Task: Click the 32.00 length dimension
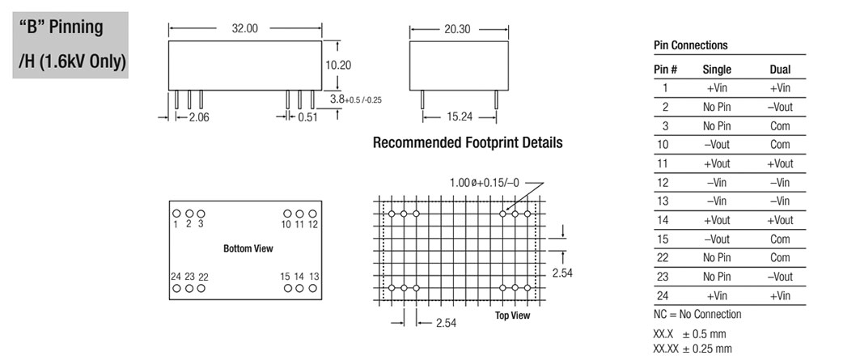[x=244, y=28]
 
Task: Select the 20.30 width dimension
[x=457, y=29]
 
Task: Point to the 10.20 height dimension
[x=338, y=65]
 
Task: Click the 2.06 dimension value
[x=199, y=117]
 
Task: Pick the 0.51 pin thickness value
[x=307, y=117]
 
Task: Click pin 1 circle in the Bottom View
[x=176, y=214]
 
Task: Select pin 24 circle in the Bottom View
[x=176, y=288]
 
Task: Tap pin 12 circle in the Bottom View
[x=312, y=214]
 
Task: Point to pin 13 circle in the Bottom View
[x=312, y=288]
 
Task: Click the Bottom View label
[x=248, y=248]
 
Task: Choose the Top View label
[x=513, y=315]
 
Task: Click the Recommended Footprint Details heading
[x=468, y=142]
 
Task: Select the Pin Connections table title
[x=691, y=45]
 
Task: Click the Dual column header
[x=780, y=70]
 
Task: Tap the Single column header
[x=717, y=70]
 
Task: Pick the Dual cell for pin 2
[x=780, y=107]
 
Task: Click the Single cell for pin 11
[x=717, y=163]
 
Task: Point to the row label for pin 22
[x=665, y=257]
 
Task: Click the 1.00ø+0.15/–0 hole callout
[x=485, y=183]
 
